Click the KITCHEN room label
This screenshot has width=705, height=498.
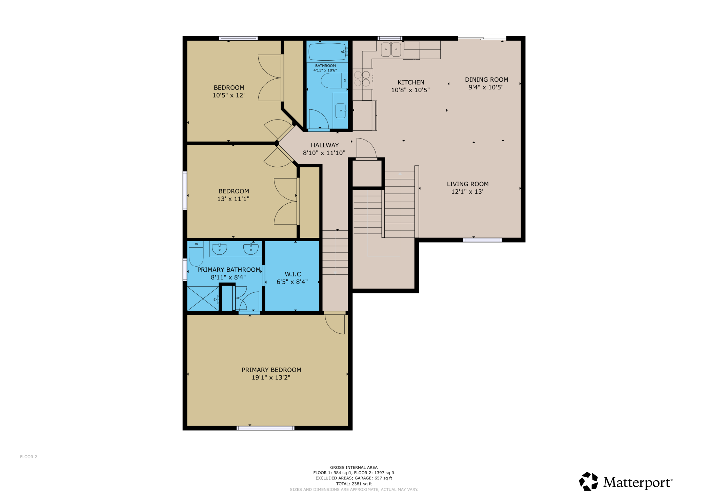[x=411, y=82]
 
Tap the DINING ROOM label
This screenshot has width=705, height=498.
[x=486, y=80]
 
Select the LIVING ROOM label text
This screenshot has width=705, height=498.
[x=468, y=184]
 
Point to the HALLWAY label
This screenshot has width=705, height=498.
[x=325, y=145]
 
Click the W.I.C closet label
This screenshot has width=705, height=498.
[x=293, y=274]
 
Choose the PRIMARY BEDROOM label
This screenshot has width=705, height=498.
[x=271, y=370]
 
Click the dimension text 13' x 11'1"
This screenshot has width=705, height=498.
[x=233, y=199]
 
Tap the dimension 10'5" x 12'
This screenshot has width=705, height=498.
[x=228, y=95]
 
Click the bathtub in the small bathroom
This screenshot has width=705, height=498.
[x=327, y=51]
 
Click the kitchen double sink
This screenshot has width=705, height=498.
[x=391, y=49]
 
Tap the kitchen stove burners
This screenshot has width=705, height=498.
[x=362, y=79]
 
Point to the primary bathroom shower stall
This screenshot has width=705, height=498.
[x=203, y=298]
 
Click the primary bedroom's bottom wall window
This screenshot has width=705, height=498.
[x=265, y=428]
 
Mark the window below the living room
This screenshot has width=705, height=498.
[x=482, y=240]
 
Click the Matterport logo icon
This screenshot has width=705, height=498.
[x=588, y=481]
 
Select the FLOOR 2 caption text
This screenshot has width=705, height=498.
[x=28, y=457]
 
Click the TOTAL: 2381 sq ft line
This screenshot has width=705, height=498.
[x=354, y=484]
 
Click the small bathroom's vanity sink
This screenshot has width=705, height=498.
[x=341, y=110]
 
